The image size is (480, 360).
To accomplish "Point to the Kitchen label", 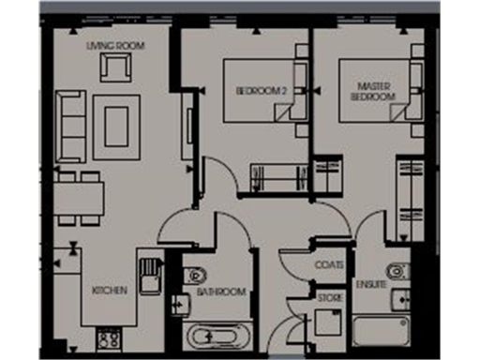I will [109, 292].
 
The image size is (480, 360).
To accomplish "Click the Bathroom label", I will [221, 292].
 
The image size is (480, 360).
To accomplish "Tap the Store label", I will [330, 298].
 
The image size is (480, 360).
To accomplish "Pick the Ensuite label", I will [371, 283].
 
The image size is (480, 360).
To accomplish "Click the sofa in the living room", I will [69, 125].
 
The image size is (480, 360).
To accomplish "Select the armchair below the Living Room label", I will [118, 68].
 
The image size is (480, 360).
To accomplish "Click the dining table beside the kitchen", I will [78, 198].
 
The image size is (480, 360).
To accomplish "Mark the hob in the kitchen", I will [109, 338].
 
